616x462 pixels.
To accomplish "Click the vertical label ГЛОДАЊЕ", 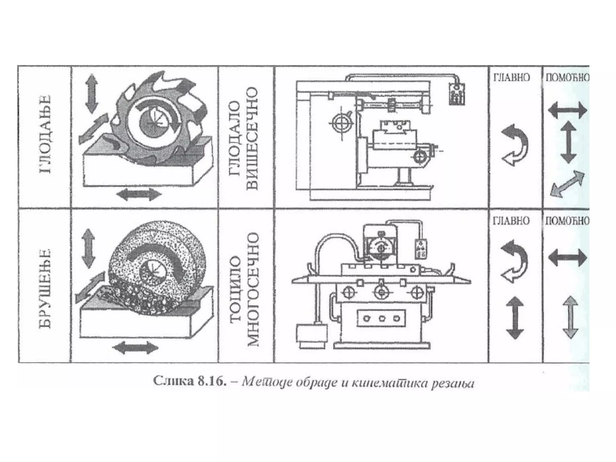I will point(45,134).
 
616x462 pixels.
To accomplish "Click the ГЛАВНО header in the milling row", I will point(511,78).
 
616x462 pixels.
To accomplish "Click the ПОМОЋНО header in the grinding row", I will point(567,221).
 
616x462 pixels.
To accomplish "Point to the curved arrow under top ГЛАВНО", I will point(515,144).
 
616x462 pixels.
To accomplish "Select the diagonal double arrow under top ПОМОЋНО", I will point(567,184).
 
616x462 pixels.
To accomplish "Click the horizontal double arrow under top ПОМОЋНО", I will point(567,110).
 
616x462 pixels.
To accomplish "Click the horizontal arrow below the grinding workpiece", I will point(135,348).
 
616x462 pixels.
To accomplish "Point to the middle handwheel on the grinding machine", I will point(382,292).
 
